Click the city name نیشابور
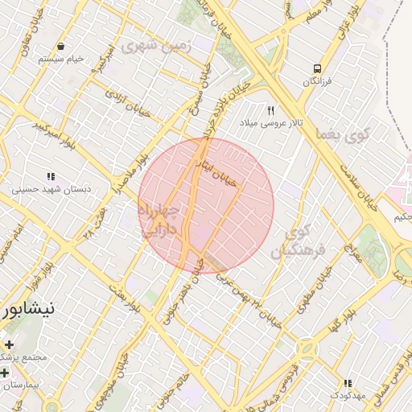[27, 308]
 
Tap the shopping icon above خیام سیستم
[61, 46]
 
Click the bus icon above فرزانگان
[318, 68]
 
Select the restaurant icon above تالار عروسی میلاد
[271, 110]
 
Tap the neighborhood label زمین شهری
[157, 46]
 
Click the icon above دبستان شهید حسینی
[50, 176]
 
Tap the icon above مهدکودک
[348, 384]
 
